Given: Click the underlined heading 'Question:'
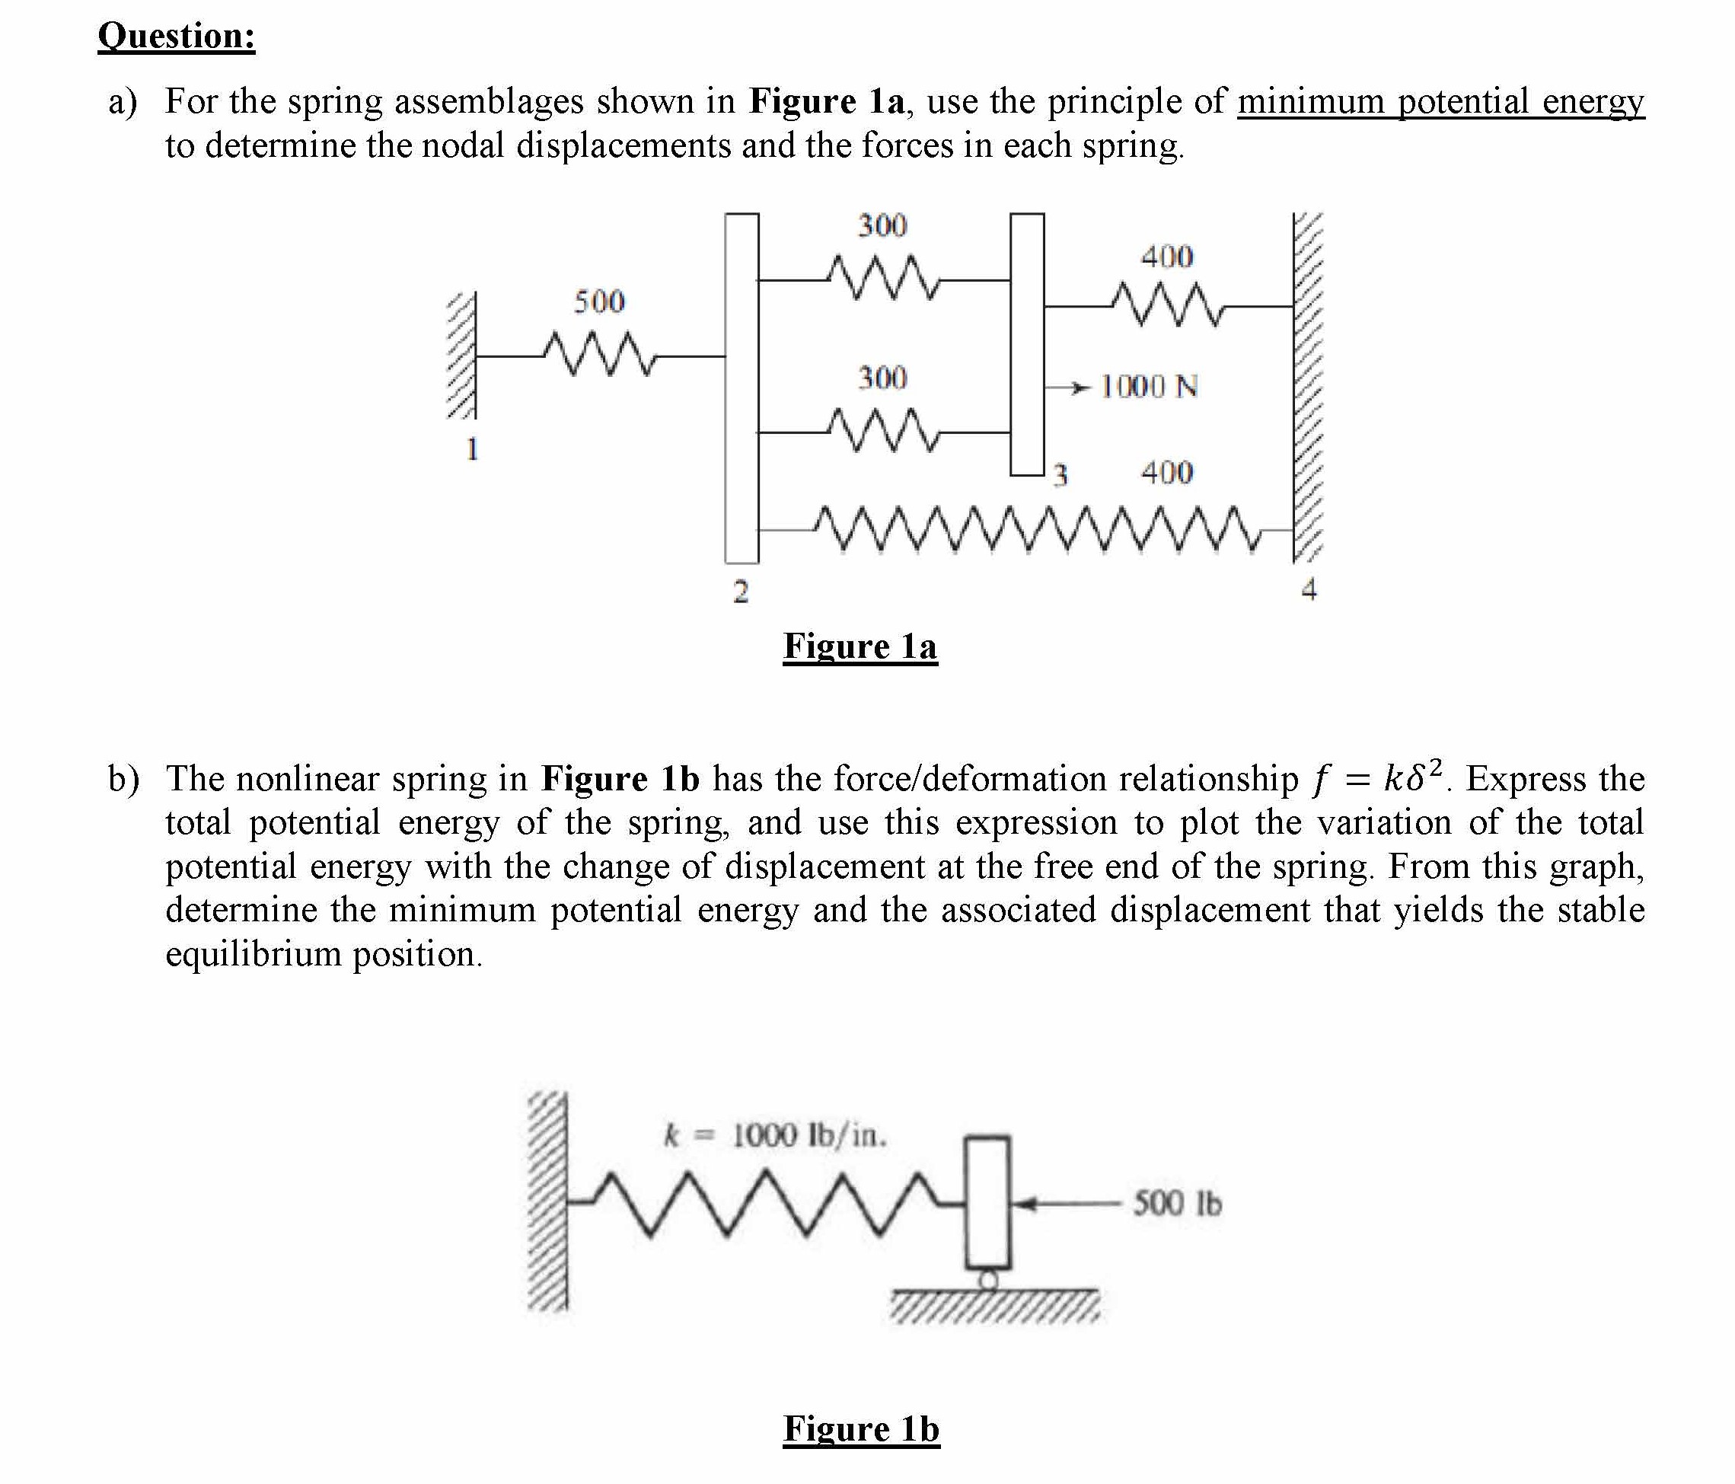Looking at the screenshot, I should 176,36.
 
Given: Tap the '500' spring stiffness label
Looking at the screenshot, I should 598,302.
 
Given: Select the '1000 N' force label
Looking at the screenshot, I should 1149,387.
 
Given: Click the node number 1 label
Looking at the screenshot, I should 472,449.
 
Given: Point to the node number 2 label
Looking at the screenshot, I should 740,592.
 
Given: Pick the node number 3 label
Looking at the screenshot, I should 1060,475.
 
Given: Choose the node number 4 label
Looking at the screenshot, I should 1309,589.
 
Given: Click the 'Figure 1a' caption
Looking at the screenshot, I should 860,646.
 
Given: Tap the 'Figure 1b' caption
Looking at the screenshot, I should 861,1428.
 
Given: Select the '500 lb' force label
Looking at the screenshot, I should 1177,1204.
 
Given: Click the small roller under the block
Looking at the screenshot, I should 989,1280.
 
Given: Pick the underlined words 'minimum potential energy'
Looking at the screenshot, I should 1440,102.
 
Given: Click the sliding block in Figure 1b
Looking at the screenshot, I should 988,1200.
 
